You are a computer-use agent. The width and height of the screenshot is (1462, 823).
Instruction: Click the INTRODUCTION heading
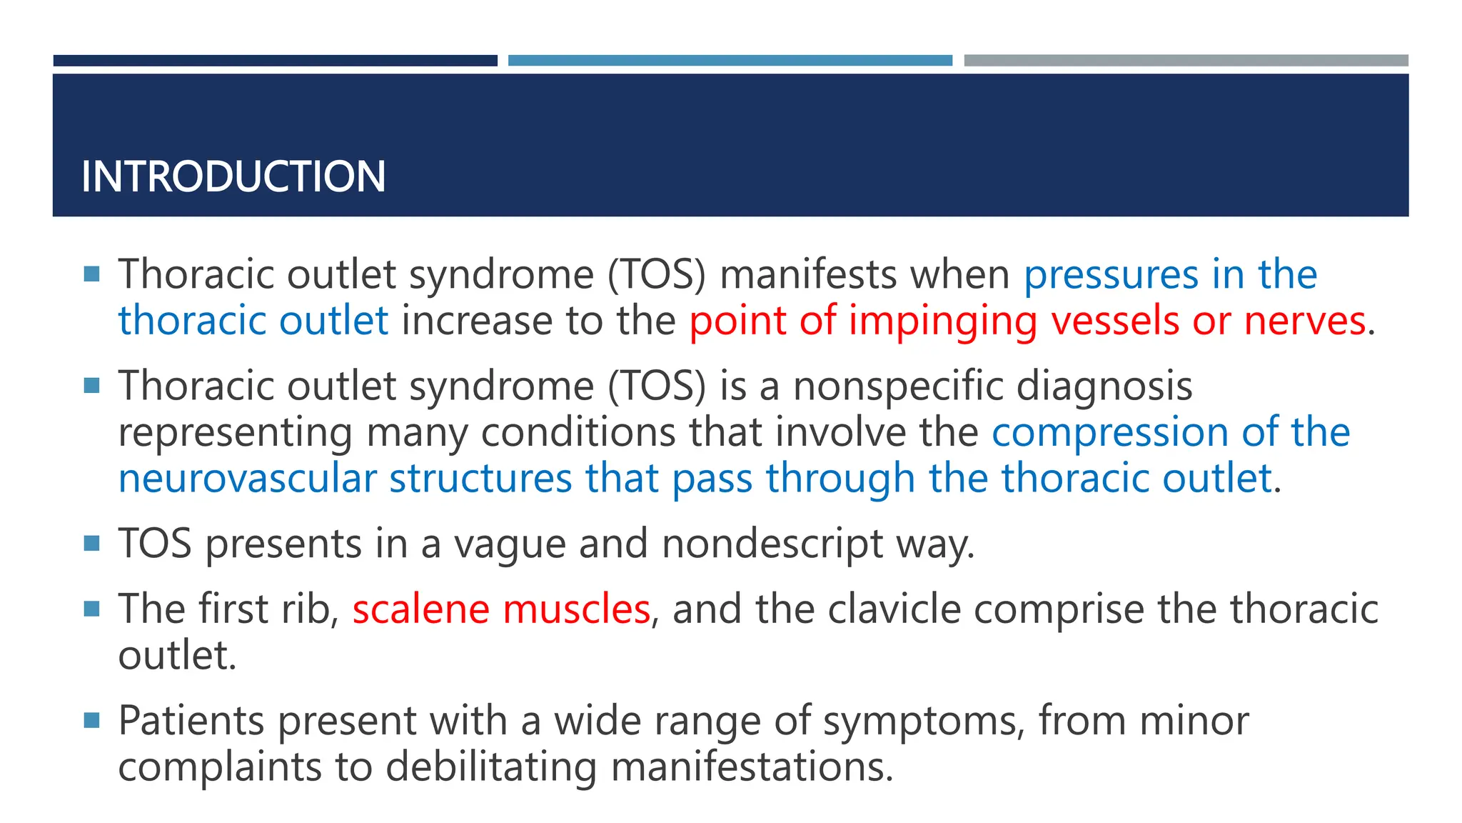point(233,176)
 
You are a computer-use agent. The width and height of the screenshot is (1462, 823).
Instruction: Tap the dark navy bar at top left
point(275,61)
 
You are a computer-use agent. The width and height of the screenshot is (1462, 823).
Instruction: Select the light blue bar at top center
point(730,61)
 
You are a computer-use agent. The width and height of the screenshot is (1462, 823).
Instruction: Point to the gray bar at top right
point(1186,61)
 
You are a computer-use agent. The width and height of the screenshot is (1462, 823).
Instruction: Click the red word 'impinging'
point(942,321)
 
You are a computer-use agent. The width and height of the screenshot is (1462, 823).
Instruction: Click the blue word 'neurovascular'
point(247,479)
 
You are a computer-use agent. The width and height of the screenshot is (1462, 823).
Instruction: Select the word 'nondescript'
point(772,544)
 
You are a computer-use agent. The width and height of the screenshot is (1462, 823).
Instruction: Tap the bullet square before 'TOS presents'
point(91,544)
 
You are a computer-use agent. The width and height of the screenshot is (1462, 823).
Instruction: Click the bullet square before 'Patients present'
point(91,719)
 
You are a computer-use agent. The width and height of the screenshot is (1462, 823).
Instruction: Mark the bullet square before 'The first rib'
point(91,609)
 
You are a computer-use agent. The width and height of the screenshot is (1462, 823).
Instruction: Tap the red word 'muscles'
point(576,609)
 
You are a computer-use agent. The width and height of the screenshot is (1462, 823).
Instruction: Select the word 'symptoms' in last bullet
point(924,721)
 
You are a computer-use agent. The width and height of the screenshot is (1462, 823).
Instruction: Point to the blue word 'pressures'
point(1111,275)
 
